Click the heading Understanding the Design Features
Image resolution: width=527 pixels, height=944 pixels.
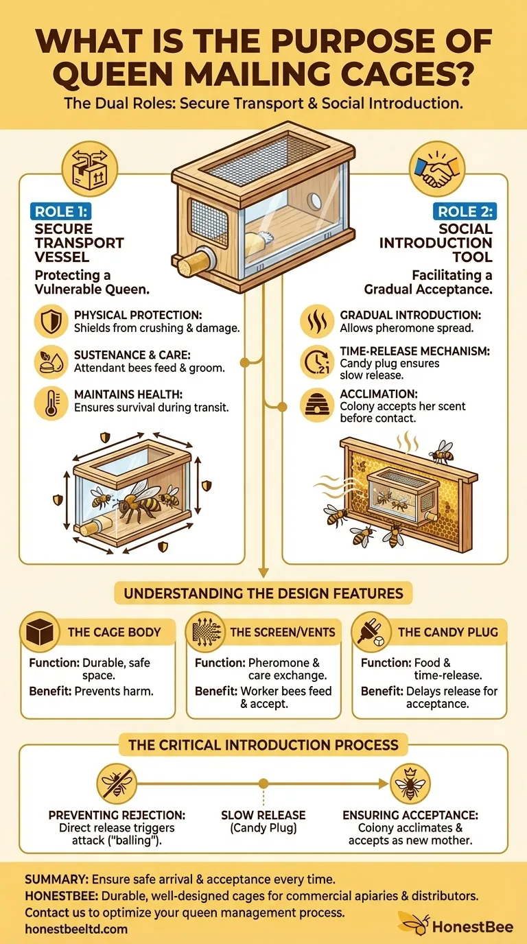tap(263, 593)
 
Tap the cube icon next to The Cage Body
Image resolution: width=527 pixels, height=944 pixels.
tap(40, 630)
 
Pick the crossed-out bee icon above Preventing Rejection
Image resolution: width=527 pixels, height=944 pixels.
tap(115, 782)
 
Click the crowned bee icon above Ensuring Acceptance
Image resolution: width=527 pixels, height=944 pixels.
tap(410, 782)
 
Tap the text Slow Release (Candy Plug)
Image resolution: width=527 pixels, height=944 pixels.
tap(263, 821)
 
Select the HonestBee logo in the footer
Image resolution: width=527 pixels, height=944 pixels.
tap(456, 926)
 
